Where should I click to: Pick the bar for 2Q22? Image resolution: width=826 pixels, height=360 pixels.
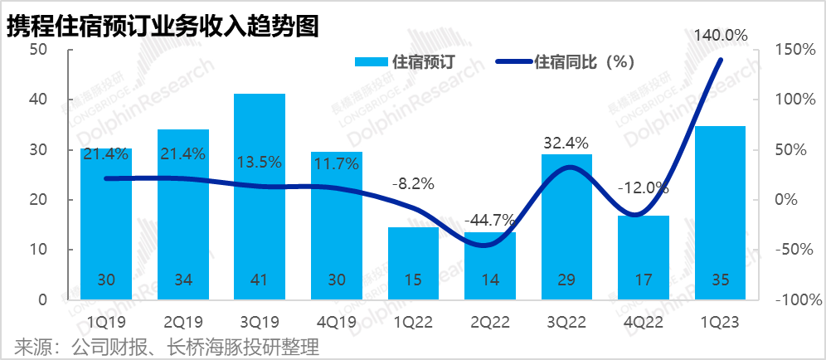(489, 265)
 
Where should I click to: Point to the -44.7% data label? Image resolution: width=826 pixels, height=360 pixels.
(489, 221)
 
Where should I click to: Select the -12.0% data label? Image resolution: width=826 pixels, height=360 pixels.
(643, 188)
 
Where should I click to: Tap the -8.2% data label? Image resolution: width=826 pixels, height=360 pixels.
(412, 184)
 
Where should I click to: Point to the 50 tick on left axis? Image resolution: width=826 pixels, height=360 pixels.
(38, 50)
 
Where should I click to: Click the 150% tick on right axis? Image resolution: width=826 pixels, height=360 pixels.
(795, 50)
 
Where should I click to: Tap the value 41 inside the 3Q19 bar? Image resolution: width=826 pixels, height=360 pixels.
(260, 280)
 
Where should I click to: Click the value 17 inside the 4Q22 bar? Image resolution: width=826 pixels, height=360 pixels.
(643, 280)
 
